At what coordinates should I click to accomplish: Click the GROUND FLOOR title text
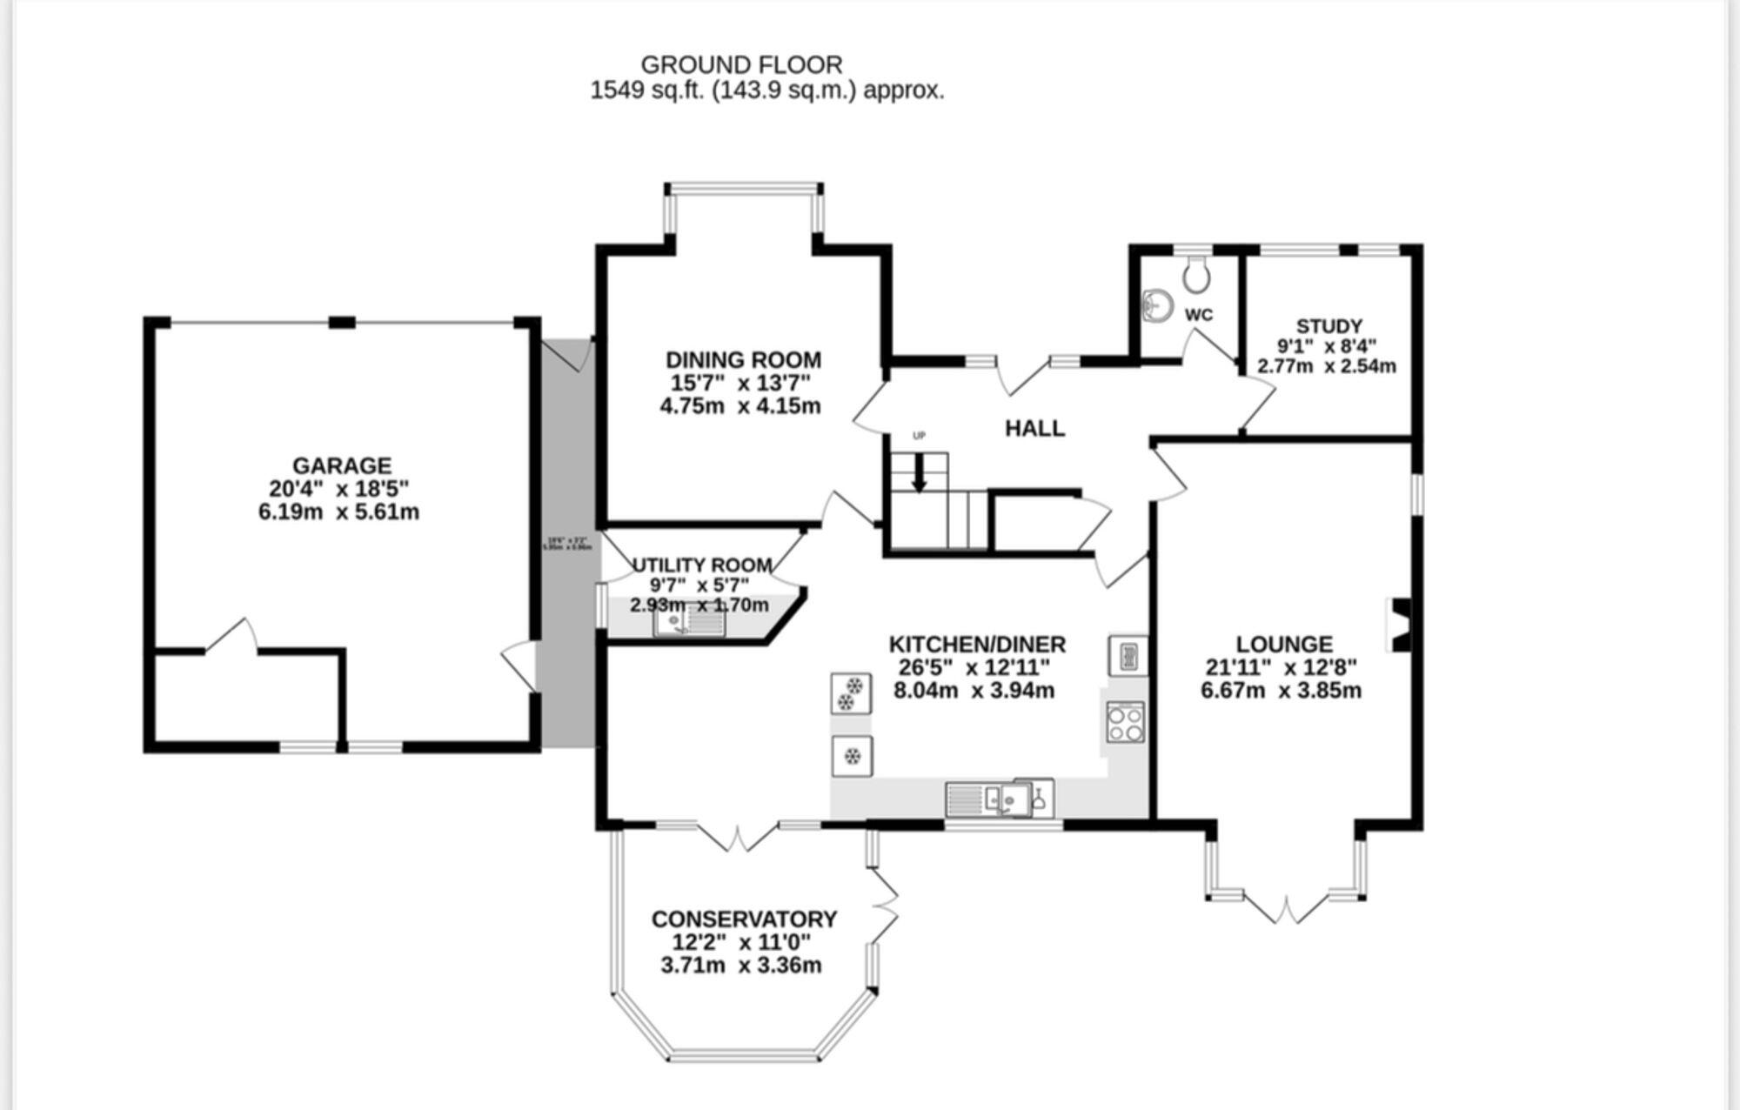click(741, 65)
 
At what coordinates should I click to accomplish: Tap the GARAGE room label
click(341, 465)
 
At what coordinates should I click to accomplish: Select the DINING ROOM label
click(743, 360)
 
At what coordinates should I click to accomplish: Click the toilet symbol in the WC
click(1197, 275)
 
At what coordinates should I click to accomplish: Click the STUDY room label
click(1328, 326)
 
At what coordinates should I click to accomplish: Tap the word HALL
click(1034, 428)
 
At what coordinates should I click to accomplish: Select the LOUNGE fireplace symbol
click(1399, 625)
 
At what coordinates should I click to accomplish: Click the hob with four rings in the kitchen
click(1125, 722)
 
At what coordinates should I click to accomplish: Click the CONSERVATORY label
click(744, 919)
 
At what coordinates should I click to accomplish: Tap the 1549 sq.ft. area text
click(648, 90)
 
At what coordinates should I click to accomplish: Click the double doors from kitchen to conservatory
click(737, 837)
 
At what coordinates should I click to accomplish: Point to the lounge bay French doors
click(1285, 909)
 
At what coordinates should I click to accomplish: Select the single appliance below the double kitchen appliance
click(852, 756)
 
